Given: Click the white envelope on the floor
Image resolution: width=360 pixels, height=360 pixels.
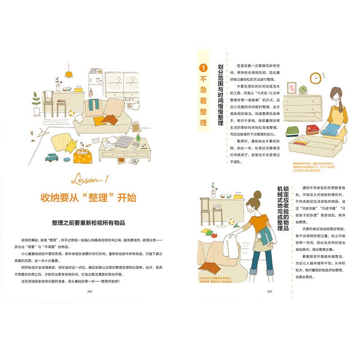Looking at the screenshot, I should [x=96, y=140].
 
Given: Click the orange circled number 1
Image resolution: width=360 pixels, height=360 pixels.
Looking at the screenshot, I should [x=203, y=68].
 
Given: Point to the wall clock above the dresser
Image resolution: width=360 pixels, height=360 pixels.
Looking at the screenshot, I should [x=315, y=78].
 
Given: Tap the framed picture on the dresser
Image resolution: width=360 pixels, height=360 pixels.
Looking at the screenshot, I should [x=291, y=87].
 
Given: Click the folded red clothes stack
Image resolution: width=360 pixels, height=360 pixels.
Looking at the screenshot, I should [x=312, y=130].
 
